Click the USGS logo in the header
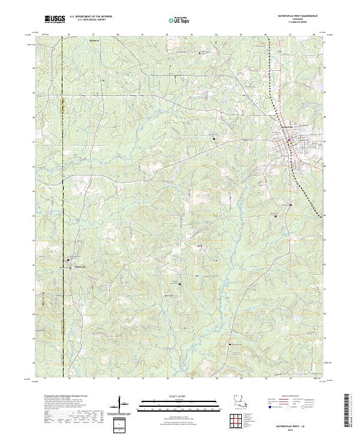(x=55, y=20)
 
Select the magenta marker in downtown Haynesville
(x=289, y=140)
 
